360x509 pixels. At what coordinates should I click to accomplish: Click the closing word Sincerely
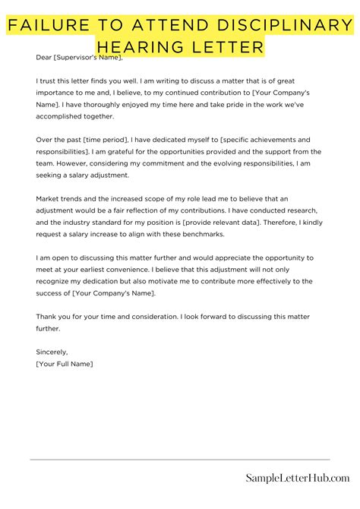point(52,352)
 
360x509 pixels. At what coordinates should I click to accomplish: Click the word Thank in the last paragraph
point(47,315)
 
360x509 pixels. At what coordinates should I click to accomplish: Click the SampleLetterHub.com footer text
point(297,477)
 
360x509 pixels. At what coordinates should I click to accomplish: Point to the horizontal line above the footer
point(180,459)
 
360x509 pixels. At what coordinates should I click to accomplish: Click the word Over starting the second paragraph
point(44,140)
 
